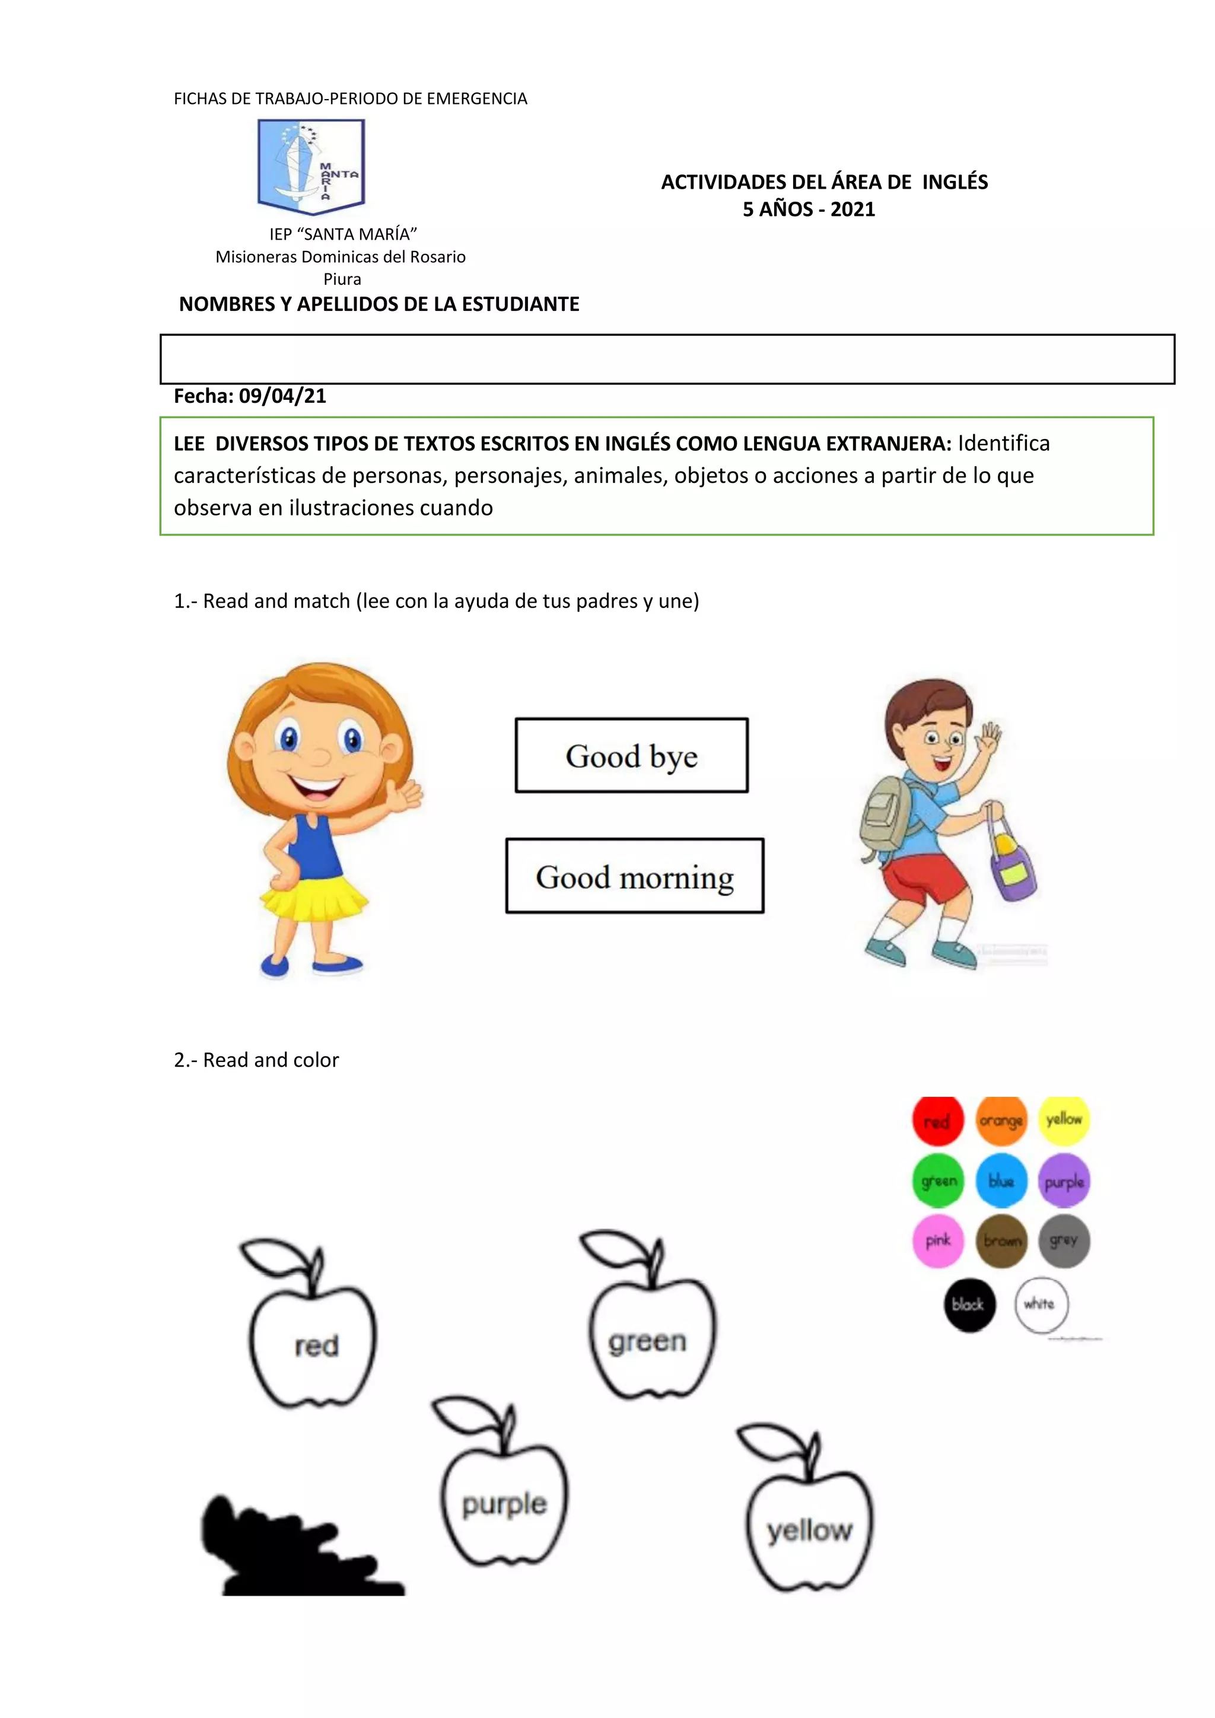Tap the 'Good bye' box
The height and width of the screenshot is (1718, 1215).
631,755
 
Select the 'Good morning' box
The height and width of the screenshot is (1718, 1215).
634,876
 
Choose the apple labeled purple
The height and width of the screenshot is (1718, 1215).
504,1504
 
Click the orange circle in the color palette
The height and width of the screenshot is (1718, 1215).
1001,1121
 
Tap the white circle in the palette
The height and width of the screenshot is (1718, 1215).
1041,1304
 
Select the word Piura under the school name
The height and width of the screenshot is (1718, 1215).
342,279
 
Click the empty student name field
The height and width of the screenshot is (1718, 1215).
667,359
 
